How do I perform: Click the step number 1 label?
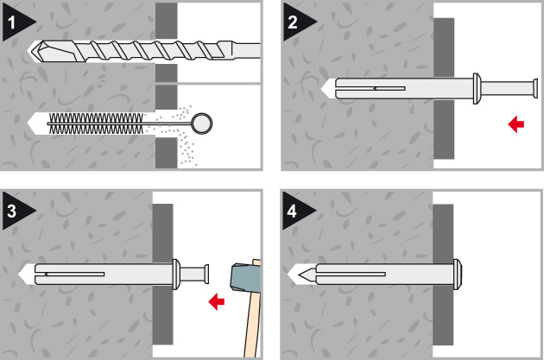click(11, 23)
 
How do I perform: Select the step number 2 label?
click(293, 23)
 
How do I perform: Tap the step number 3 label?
click(11, 211)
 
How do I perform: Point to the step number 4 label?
click(292, 211)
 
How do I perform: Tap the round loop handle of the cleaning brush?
click(202, 123)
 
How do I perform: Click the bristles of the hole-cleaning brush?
click(96, 123)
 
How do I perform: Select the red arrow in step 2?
click(516, 124)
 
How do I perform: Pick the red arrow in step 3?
click(217, 301)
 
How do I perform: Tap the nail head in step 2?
click(535, 88)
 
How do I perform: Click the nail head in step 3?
click(206, 274)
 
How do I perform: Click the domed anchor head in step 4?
click(458, 274)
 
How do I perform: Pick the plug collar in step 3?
click(176, 274)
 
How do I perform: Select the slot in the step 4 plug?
click(351, 274)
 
